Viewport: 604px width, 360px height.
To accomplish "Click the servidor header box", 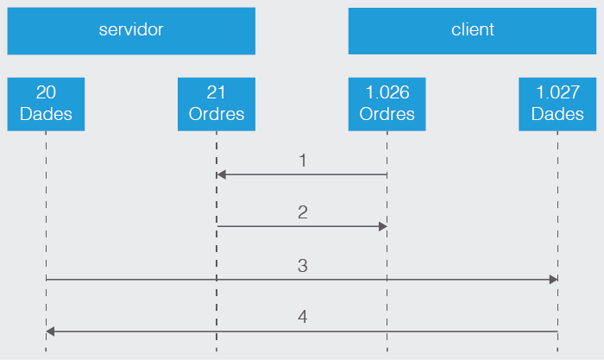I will (131, 31).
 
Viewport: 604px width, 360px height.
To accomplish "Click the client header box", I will (472, 31).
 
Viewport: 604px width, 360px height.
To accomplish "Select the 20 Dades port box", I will (46, 104).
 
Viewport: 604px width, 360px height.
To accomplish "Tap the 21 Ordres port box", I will (217, 104).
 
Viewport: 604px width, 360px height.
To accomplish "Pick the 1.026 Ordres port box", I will (387, 104).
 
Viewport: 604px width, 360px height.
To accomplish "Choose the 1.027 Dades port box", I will (557, 104).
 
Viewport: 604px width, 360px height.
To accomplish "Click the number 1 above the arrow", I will (303, 161).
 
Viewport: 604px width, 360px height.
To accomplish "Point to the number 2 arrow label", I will (303, 212).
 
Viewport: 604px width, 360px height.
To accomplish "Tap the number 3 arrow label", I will (303, 266).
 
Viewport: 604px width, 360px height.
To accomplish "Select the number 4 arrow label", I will (303, 318).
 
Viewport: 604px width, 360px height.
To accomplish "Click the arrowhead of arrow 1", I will (221, 174).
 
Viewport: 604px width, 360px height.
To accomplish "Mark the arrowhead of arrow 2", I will (382, 226).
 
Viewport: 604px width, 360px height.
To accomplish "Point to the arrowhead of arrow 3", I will (553, 280).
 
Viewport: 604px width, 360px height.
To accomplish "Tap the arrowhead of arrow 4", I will (51, 332).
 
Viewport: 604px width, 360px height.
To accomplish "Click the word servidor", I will (131, 30).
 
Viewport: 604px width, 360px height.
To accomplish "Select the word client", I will (472, 30).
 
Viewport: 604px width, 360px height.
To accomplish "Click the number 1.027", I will (557, 92).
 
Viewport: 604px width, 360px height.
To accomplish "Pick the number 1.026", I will (387, 92).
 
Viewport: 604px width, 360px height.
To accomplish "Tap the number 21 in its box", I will (217, 92).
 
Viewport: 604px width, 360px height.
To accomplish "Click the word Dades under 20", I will (46, 114).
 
